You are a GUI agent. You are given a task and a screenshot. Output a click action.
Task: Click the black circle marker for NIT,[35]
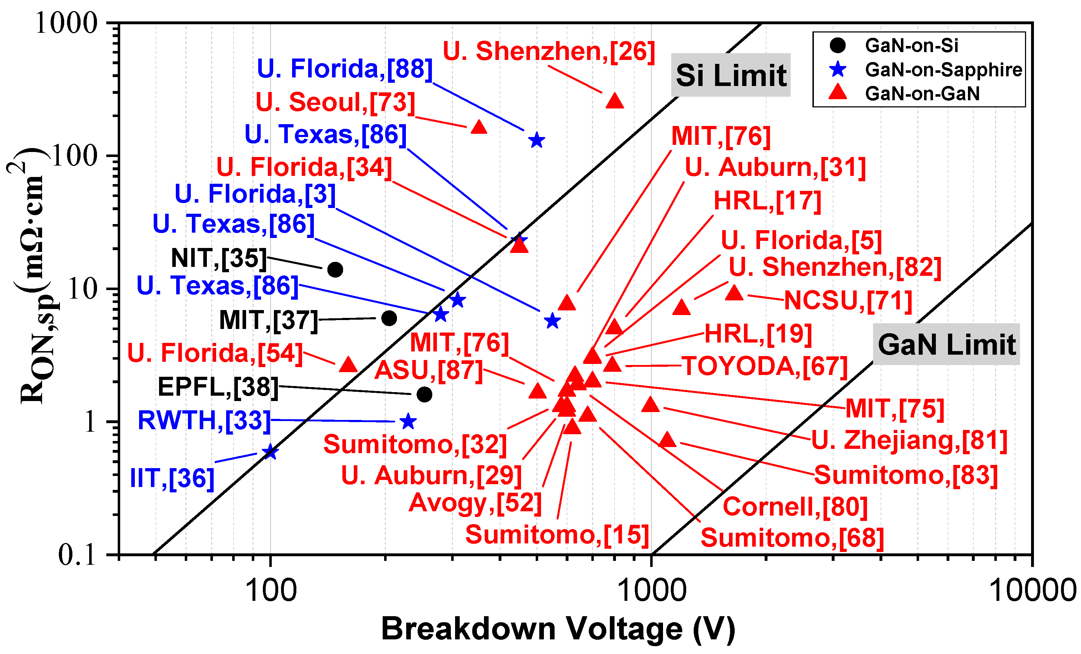(335, 269)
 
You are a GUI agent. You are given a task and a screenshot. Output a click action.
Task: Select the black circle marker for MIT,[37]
(389, 318)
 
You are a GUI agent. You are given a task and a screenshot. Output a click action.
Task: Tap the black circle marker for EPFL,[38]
(424, 395)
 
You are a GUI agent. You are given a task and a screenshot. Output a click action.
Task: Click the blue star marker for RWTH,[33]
(408, 422)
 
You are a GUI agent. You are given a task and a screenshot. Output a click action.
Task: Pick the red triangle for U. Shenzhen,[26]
(615, 101)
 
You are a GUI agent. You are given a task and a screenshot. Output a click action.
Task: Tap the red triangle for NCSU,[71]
(734, 293)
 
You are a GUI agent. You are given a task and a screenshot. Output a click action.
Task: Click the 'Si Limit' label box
(730, 75)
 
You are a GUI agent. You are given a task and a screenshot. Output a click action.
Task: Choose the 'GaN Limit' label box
(946, 345)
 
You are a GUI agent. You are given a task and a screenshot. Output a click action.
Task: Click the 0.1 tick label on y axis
(77, 555)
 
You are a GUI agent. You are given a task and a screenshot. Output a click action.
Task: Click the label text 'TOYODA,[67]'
(765, 366)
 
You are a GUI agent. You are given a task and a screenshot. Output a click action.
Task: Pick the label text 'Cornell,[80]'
(795, 507)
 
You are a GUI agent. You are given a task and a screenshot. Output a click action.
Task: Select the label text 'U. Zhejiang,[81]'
(909, 440)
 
